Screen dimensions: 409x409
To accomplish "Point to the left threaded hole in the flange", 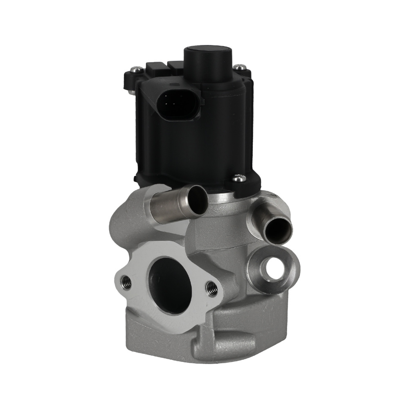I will tap(127, 282).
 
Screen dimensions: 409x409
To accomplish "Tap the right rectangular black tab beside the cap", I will tap(175, 65).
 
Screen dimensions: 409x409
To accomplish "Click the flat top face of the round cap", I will tap(207, 54).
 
